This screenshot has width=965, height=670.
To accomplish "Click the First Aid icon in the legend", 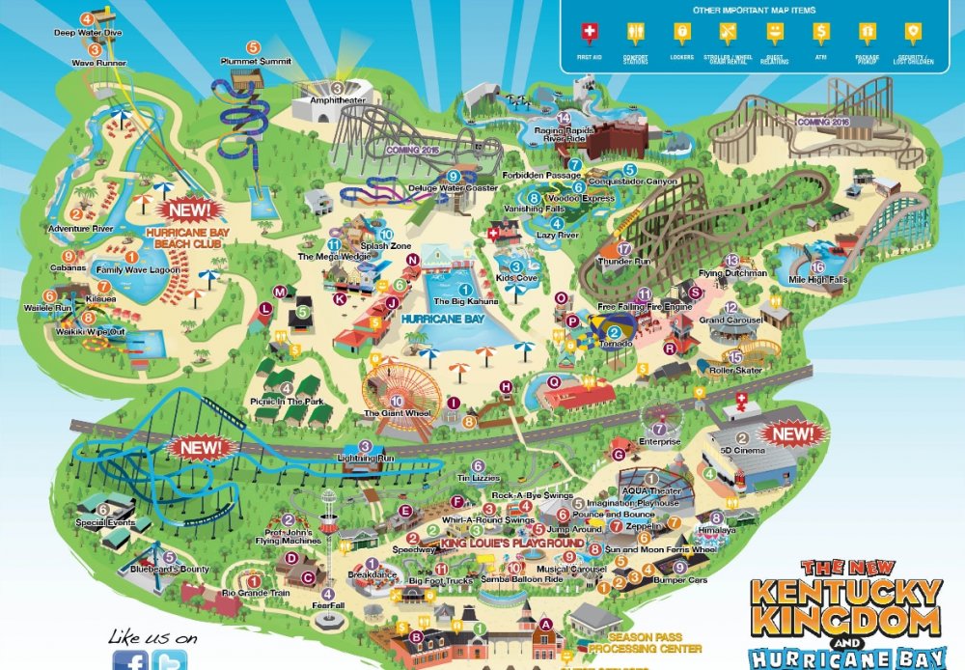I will click(588, 34).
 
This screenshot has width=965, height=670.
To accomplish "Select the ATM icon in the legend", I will click(820, 34).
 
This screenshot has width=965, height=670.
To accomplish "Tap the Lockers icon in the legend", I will click(681, 34).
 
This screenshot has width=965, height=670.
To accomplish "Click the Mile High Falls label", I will click(820, 280).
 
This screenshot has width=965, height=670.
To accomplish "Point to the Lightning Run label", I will click(365, 458).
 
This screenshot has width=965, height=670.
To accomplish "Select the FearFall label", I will click(328, 606).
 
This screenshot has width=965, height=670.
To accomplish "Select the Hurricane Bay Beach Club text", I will click(183, 238).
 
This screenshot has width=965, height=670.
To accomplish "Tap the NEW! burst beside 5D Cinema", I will click(791, 434).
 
